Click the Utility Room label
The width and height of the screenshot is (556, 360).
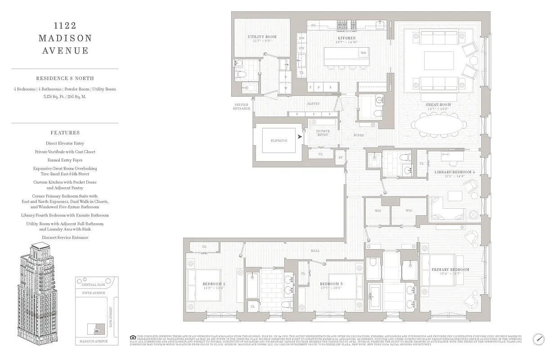[262, 37]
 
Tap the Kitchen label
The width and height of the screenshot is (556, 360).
[346, 38]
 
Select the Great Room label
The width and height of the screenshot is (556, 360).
[438, 105]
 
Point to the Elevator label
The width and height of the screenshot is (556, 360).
[279, 140]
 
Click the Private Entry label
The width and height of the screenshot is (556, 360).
[323, 133]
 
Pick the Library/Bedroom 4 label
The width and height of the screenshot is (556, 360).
[454, 172]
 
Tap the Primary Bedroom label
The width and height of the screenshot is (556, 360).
[450, 270]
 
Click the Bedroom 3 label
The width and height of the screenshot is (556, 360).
[331, 284]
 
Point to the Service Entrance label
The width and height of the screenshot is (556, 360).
[242, 106]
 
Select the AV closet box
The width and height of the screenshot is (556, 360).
[340, 157]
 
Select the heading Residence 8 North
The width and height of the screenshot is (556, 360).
[65, 78]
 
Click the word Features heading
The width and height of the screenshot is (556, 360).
[65, 133]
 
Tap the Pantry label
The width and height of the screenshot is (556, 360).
[313, 104]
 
